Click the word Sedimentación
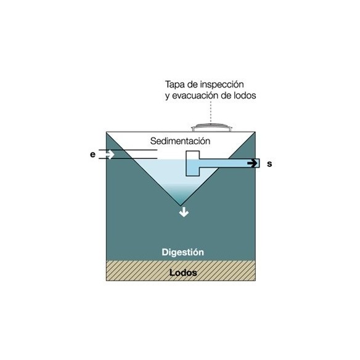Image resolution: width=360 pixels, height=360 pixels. point(180,141)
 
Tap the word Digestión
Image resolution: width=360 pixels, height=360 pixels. point(182,252)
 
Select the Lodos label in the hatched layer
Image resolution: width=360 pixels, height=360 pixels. point(183,272)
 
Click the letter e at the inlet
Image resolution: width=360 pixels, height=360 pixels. point(92,155)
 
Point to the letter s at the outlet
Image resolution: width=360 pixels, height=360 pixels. point(269,164)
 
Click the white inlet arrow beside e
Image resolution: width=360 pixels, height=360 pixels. point(110,154)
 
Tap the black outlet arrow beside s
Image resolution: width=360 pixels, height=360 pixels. point(252,163)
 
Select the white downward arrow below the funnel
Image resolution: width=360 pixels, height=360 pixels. point(184,211)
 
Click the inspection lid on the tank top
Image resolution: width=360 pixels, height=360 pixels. point(211,128)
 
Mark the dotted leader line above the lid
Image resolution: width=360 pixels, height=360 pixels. point(211,112)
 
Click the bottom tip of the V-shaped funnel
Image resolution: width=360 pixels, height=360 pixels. point(181,205)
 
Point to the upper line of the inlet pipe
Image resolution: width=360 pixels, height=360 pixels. point(128,150)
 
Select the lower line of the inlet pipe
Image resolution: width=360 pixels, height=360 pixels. point(128,158)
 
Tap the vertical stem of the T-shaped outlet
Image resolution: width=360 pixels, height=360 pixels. point(192,163)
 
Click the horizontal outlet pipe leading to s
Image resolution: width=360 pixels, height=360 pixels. point(229,163)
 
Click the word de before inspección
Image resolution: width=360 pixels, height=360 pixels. point(193,84)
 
